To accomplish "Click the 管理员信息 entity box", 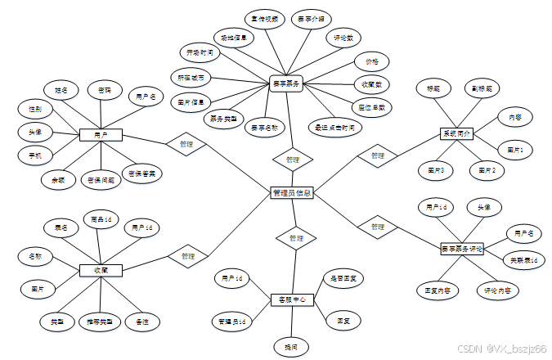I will point(290,193).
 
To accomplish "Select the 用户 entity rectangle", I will point(101,135).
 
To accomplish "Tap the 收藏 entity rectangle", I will point(101,269).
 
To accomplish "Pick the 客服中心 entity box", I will point(292,300).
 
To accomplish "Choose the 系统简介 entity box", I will point(456,133).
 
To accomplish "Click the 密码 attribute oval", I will point(105,89).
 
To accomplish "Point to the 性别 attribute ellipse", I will point(35,108).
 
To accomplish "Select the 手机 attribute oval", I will point(35,154).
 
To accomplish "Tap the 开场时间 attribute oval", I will point(200,52).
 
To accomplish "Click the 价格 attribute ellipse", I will point(371,61).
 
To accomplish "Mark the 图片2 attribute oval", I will point(487,169).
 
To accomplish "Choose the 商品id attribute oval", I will point(101,218).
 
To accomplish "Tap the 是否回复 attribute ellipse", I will point(343,278).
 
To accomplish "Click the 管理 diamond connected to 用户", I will point(186,144).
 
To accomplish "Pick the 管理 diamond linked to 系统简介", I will point(376,155).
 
